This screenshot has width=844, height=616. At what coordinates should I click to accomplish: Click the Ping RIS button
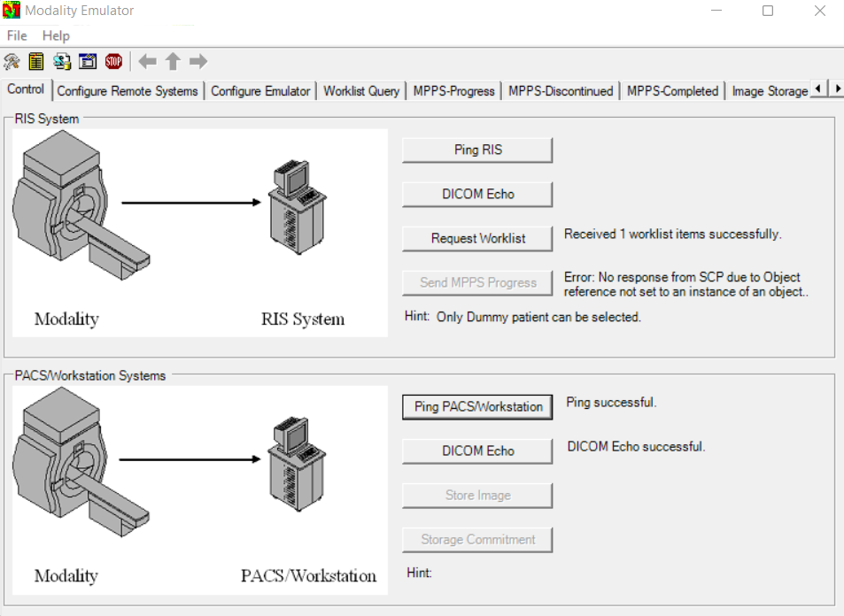(477, 150)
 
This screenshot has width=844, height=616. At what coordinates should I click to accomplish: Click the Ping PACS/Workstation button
(477, 407)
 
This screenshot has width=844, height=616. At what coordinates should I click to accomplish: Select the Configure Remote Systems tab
(128, 91)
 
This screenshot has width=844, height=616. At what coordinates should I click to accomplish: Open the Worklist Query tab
(361, 91)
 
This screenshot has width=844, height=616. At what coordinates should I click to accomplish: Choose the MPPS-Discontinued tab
(561, 91)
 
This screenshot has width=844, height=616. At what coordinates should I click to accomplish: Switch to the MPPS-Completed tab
(672, 91)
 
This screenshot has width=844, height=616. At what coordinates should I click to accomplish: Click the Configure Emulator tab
(260, 91)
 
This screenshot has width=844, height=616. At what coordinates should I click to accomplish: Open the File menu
(17, 36)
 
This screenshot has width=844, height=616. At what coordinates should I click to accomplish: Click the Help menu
(56, 36)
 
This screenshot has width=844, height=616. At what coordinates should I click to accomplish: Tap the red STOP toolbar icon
(113, 62)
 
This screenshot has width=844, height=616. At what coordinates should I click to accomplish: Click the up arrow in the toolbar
(173, 62)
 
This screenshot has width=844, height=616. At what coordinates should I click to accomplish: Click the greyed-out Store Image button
(477, 496)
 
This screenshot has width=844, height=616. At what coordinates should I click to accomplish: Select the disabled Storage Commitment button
(477, 540)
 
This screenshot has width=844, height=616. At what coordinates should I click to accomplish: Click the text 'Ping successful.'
(611, 403)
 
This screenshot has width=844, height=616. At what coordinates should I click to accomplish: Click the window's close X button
(820, 11)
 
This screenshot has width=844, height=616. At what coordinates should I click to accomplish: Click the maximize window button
(768, 11)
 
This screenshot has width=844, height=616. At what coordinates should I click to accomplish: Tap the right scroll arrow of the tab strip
(837, 89)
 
